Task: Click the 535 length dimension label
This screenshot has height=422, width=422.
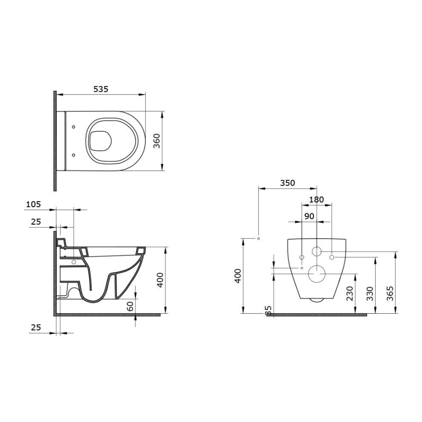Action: tap(101, 89)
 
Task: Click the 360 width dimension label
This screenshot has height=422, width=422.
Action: tap(157, 141)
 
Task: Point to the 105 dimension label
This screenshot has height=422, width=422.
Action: tap(34, 204)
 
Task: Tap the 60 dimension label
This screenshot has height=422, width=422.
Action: tap(130, 306)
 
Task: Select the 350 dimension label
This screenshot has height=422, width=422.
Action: tap(288, 183)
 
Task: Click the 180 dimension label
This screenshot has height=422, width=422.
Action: tap(316, 200)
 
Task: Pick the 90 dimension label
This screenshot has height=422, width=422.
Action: tap(309, 216)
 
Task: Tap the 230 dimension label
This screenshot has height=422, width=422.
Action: tap(350, 294)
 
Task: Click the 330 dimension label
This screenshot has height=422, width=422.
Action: tap(370, 294)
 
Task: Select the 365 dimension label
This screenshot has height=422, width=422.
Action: tap(390, 294)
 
